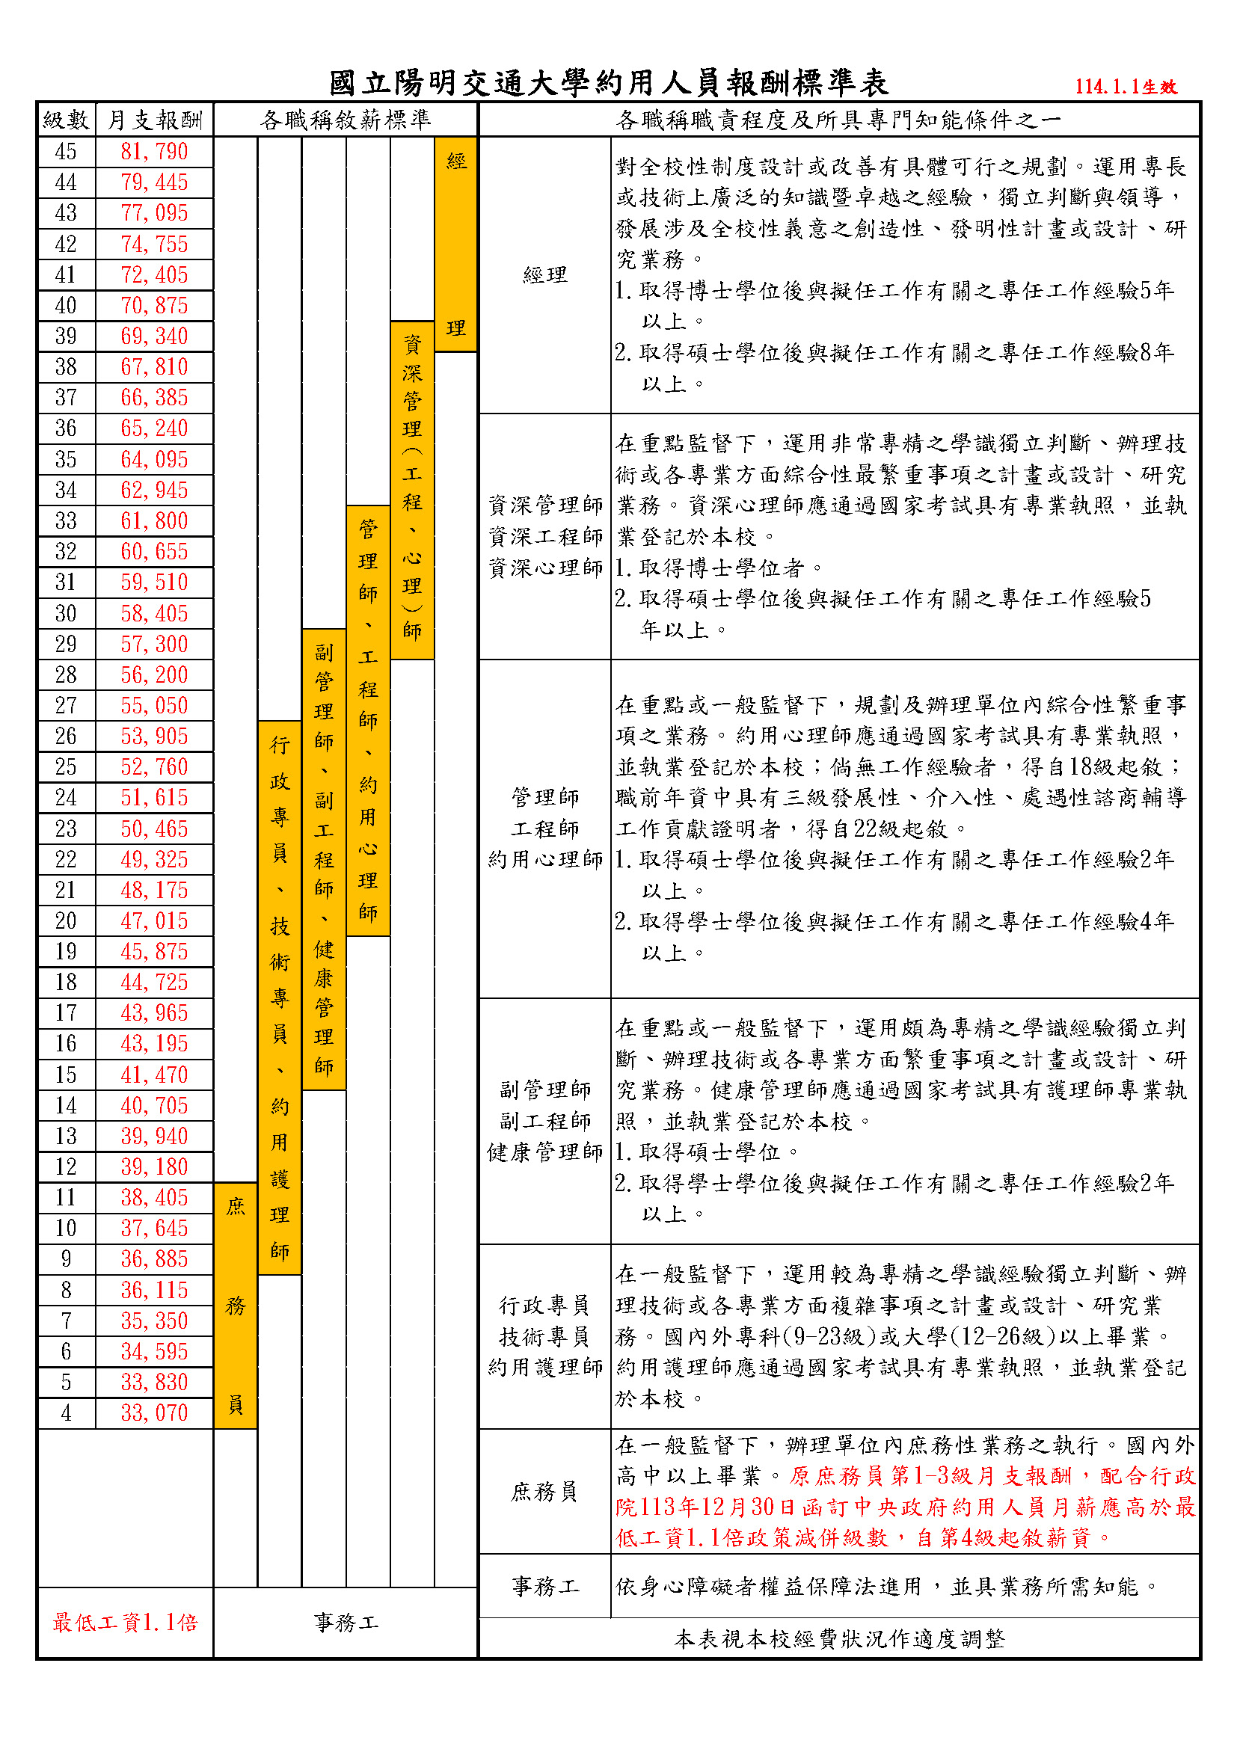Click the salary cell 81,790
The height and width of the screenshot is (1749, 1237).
154,152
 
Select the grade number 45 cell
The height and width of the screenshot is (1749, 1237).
66,152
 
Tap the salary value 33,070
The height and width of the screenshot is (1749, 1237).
154,1413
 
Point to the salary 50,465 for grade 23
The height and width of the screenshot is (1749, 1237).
154,829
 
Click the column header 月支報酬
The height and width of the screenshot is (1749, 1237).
154,120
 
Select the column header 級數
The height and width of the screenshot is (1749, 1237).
66,120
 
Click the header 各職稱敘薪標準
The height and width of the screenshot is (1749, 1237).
345,120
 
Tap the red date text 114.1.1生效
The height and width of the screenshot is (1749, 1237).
1126,87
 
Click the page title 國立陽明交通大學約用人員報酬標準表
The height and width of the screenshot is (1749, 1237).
609,83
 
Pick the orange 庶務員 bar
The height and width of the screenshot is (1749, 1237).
236,1306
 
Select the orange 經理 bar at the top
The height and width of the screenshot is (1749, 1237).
455,244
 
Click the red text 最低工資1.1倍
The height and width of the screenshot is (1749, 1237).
125,1623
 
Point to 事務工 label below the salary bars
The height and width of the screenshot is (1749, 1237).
345,1623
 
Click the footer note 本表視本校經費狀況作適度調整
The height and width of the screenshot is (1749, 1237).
838,1638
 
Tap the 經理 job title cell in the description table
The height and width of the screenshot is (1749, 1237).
544,275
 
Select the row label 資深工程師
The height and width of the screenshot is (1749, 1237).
544,537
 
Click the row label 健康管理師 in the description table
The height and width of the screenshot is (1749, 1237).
544,1152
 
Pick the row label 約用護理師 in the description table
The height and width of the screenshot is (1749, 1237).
544,1368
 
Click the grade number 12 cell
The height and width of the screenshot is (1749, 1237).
66,1167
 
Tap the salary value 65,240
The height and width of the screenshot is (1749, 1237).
154,428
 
